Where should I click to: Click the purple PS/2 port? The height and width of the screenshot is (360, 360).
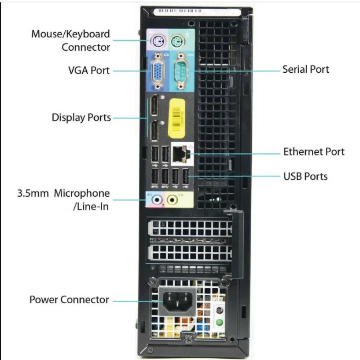[158, 42]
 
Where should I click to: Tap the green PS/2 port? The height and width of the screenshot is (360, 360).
[178, 41]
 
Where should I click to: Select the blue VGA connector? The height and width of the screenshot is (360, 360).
[158, 71]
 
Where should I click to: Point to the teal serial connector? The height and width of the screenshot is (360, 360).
[181, 71]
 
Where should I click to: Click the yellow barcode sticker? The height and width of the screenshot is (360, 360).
[177, 119]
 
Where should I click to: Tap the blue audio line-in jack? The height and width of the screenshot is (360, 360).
[157, 199]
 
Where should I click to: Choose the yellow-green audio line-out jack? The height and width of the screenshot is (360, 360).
[172, 199]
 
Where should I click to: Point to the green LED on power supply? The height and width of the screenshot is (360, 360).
[219, 322]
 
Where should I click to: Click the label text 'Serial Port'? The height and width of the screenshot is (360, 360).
[306, 70]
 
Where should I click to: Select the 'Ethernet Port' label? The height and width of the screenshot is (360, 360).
[314, 151]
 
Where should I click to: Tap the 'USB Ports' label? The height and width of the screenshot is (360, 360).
[305, 176]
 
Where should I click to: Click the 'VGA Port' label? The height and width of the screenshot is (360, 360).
[89, 70]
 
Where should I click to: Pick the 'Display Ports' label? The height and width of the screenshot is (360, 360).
[82, 117]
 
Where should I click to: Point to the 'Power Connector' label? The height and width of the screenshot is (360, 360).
[69, 300]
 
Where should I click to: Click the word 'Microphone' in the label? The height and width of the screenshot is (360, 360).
[82, 193]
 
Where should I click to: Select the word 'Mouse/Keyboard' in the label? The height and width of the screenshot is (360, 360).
[70, 34]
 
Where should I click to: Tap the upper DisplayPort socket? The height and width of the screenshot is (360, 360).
[155, 105]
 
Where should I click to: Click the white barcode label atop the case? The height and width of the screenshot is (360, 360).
[197, 12]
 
